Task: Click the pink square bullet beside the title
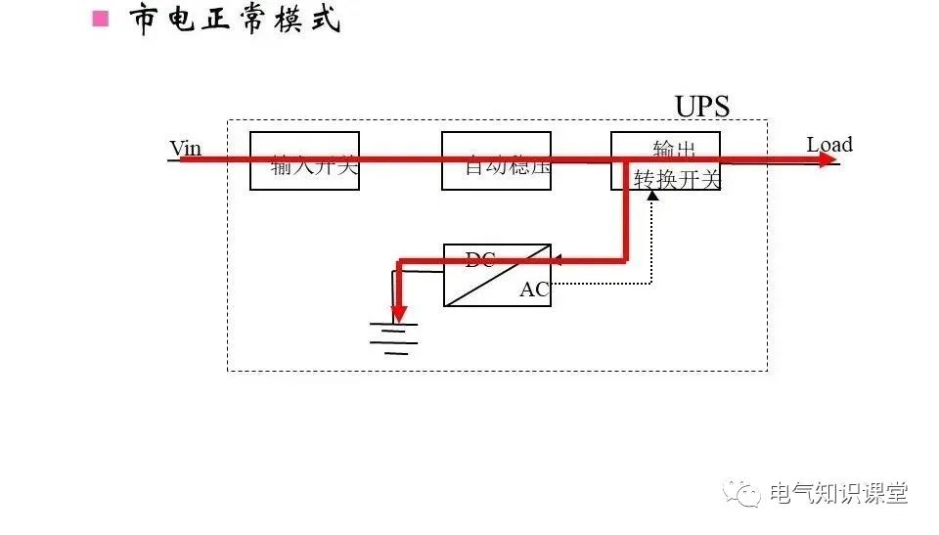(x=100, y=19)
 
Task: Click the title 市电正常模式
(x=236, y=20)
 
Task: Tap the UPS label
(x=702, y=106)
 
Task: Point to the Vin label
(x=186, y=148)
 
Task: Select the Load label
(x=829, y=145)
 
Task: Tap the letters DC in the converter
(x=479, y=259)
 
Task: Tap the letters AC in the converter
(x=534, y=290)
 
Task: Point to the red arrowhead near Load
(x=827, y=159)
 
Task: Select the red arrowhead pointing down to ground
(x=399, y=314)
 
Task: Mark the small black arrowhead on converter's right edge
(x=556, y=261)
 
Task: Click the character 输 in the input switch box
(x=282, y=167)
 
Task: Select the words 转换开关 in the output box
(x=677, y=179)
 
